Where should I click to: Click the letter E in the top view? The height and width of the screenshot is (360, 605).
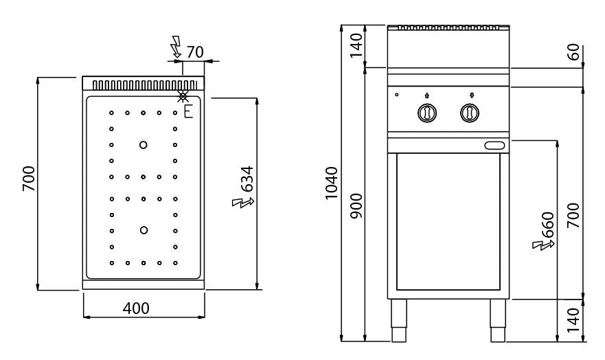click(x=187, y=110)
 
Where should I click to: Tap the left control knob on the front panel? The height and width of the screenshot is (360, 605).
click(x=426, y=112)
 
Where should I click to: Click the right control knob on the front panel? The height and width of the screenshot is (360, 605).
click(x=470, y=112)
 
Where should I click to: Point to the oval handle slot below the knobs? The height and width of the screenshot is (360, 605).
click(x=495, y=144)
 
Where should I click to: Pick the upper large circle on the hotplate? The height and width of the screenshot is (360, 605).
click(x=144, y=144)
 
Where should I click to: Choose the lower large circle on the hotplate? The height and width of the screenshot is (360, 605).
click(x=144, y=229)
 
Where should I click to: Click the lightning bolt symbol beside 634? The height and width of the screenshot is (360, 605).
click(x=244, y=203)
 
